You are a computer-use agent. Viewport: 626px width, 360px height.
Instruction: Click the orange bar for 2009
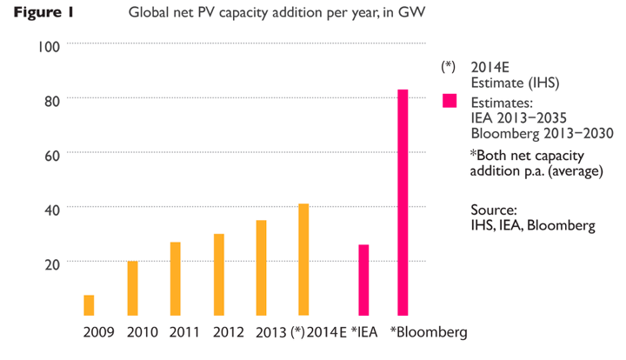click(x=89, y=305)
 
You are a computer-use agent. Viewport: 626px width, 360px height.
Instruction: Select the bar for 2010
click(x=132, y=288)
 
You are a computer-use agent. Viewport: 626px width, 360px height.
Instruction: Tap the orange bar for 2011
click(x=175, y=278)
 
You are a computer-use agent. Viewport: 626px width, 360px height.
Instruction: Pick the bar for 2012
click(x=218, y=275)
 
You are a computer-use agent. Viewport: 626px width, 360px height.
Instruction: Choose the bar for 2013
click(x=261, y=268)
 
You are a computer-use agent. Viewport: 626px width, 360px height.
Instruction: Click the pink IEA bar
click(x=363, y=280)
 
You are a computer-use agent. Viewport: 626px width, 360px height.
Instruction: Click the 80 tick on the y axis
click(x=51, y=100)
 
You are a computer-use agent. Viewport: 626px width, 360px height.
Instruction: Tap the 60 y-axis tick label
click(x=51, y=154)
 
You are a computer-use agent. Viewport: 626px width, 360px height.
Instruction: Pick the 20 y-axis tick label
click(x=51, y=262)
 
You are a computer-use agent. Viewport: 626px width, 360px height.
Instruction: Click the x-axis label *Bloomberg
click(x=429, y=332)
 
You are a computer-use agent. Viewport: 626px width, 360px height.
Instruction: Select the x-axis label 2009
click(x=98, y=332)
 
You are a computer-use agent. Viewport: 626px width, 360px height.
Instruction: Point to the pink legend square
click(x=450, y=101)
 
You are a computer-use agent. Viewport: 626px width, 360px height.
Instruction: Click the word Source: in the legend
click(x=494, y=210)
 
